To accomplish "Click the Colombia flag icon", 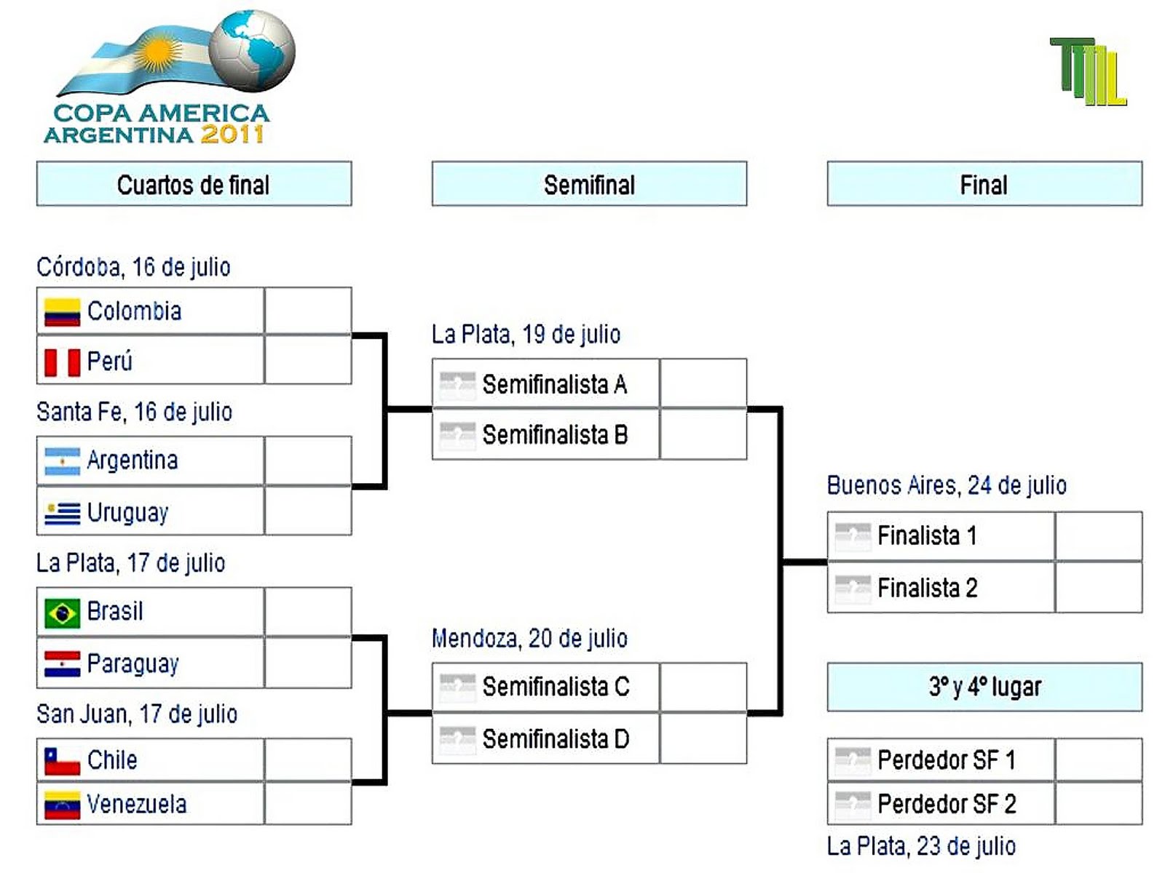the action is click(x=62, y=312).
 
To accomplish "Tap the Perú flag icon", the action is click(x=62, y=362).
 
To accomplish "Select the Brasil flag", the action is click(x=62, y=613).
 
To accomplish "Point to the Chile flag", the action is click(x=62, y=761).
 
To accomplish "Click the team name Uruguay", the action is click(x=128, y=513).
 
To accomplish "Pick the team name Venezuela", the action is click(x=137, y=804).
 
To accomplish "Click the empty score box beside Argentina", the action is click(x=308, y=461).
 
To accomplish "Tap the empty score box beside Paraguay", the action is click(x=308, y=663).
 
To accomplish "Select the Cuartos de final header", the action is click(x=194, y=184).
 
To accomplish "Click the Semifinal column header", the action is click(x=589, y=184).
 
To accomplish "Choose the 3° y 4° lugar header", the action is click(x=984, y=687).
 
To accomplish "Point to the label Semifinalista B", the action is click(x=555, y=435).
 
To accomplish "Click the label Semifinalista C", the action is click(x=556, y=687).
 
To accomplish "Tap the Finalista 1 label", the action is click(x=927, y=536).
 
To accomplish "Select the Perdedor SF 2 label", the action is click(x=947, y=804).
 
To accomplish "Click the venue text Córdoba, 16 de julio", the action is click(x=133, y=267).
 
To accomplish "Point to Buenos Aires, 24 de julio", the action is click(x=947, y=485).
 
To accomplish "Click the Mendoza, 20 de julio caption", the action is click(x=529, y=639).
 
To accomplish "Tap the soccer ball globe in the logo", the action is click(x=252, y=50).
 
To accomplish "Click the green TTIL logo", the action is click(x=1088, y=71).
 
